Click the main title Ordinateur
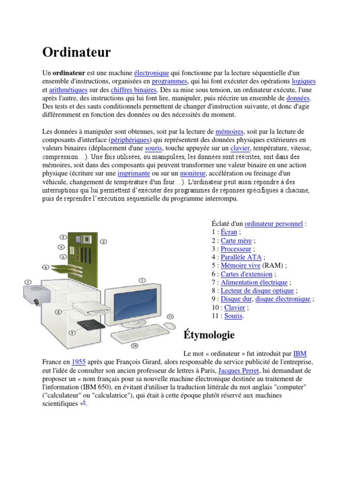(x=77, y=52)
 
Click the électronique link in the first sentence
(x=151, y=73)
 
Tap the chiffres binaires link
(x=134, y=90)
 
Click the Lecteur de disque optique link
(x=257, y=291)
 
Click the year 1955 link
(x=78, y=362)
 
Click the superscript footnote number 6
(x=84, y=402)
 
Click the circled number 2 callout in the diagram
(x=104, y=241)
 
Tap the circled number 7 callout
(x=28, y=282)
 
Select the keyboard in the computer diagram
(x=134, y=336)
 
